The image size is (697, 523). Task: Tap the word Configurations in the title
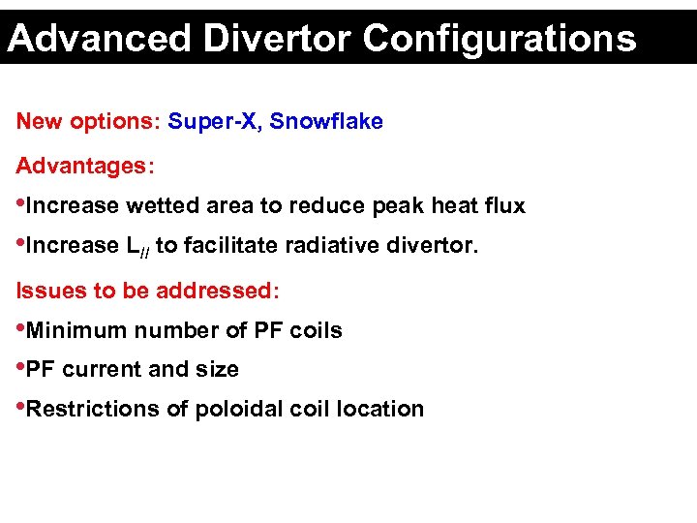click(x=500, y=39)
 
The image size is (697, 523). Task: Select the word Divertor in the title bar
click(x=279, y=39)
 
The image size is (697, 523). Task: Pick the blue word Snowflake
click(x=326, y=122)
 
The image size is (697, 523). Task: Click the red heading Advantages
click(x=82, y=167)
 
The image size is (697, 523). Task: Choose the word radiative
click(x=326, y=246)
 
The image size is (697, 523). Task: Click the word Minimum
click(x=76, y=331)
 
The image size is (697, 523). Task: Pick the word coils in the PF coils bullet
click(x=316, y=331)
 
